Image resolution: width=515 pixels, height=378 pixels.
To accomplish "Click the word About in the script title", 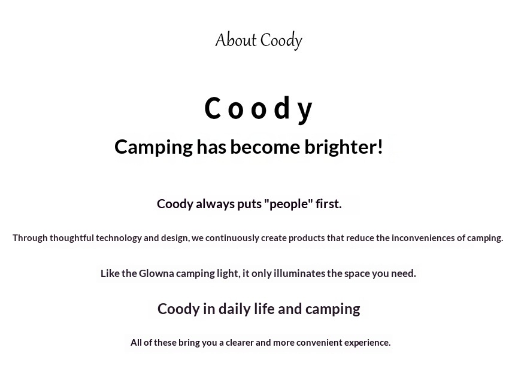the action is [x=236, y=40].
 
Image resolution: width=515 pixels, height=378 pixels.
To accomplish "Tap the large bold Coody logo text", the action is [x=258, y=109].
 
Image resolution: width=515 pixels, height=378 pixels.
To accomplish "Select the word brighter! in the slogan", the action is [x=344, y=147].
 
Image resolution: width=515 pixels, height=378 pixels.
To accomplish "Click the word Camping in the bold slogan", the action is [x=153, y=147].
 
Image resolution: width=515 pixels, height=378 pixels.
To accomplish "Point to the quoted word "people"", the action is [x=289, y=204].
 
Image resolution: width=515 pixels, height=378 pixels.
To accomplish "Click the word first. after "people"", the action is [x=329, y=204].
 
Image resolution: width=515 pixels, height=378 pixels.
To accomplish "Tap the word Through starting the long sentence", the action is [x=30, y=238].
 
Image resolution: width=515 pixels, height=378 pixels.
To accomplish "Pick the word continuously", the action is [x=232, y=238].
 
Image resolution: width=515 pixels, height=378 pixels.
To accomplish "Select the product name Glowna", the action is [x=156, y=273].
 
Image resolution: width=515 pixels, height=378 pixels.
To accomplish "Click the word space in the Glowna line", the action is [x=357, y=274].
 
